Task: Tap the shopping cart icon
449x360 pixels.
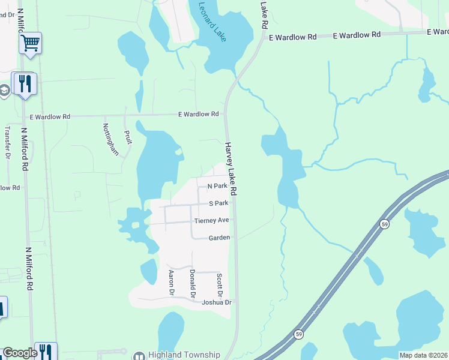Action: tap(30, 43)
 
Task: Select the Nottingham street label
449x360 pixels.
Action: tap(110, 139)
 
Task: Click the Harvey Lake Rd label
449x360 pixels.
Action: tap(232, 169)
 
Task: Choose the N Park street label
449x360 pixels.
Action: tap(217, 187)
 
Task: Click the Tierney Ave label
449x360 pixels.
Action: tap(211, 221)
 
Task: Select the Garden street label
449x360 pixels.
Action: tap(219, 238)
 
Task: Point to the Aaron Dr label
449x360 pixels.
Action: tap(171, 283)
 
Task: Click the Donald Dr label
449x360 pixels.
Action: tap(193, 283)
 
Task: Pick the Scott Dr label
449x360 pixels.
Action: tap(220, 285)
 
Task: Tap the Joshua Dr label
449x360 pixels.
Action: tap(217, 302)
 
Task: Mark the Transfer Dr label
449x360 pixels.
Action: tap(8, 143)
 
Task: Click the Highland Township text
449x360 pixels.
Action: tap(185, 355)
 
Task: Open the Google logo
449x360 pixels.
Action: tap(20, 353)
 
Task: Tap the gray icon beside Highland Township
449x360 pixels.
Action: tap(139, 355)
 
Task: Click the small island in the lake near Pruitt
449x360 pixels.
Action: tap(178, 152)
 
